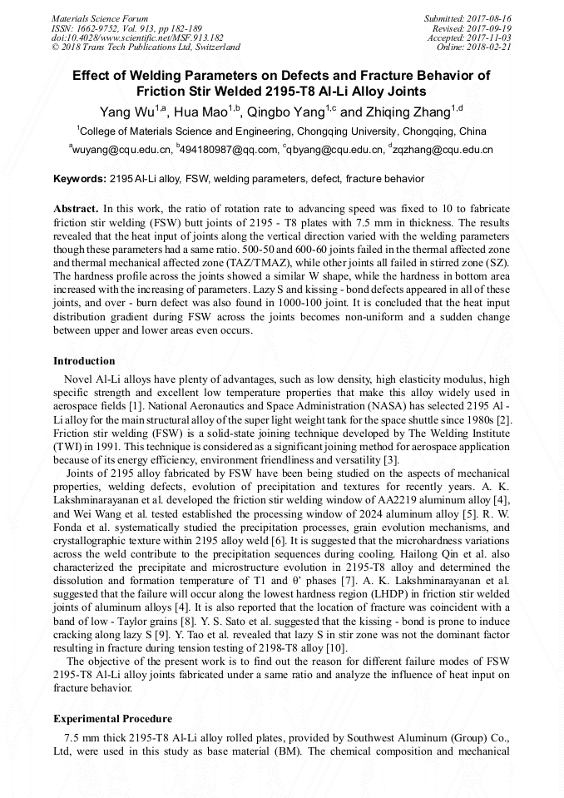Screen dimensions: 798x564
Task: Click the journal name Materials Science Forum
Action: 100,18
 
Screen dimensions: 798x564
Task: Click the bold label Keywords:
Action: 80,179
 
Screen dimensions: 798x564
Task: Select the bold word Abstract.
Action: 75,208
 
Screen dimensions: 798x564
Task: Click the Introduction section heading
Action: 84,361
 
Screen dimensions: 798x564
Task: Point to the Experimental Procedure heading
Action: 112,718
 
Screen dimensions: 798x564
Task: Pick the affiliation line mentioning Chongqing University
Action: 282,131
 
